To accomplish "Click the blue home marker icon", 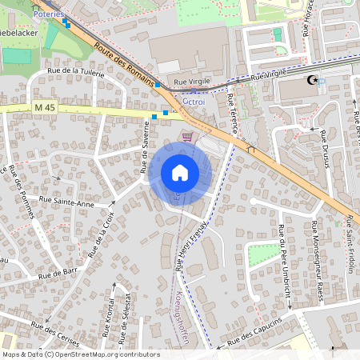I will point(180,173).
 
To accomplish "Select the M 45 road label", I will point(46,107).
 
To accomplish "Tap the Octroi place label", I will point(194,102).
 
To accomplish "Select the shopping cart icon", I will point(187,137).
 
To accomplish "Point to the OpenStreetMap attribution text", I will point(81,354).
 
